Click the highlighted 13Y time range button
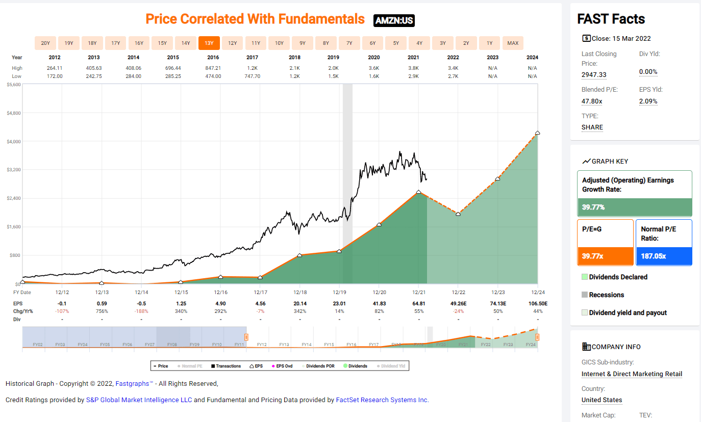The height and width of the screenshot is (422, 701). point(209,43)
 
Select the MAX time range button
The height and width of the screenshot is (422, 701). point(513,43)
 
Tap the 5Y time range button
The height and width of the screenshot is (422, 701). point(396,43)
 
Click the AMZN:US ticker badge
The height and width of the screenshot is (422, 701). point(394,20)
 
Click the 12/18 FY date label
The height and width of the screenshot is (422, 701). point(300,293)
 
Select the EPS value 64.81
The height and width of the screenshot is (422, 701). point(418,304)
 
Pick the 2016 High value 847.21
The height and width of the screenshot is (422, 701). point(213,68)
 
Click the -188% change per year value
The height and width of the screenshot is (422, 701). point(141,311)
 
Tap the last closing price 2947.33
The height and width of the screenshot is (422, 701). point(594,75)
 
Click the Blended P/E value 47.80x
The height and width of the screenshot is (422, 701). point(592,101)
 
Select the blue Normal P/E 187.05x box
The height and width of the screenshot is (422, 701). point(664,243)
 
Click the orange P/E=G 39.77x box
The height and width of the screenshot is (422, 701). point(605,243)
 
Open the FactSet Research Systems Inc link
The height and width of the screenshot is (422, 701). point(382,400)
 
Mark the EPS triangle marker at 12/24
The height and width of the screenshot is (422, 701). point(537,133)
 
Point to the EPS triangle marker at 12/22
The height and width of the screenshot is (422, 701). point(458,214)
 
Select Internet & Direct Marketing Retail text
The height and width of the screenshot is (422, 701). point(632,374)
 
